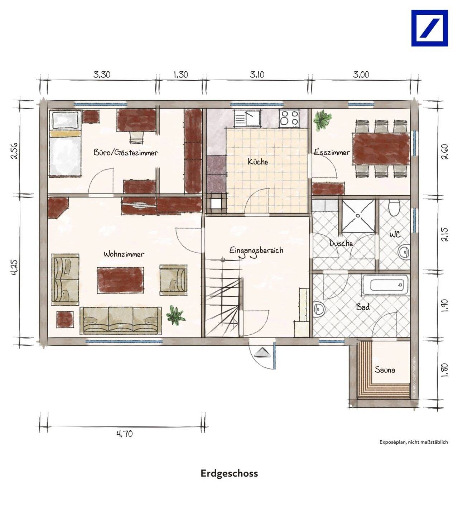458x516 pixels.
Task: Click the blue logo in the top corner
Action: (x=429, y=28)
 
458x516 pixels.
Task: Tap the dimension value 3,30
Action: (x=102, y=75)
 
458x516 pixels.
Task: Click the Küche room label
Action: (x=257, y=162)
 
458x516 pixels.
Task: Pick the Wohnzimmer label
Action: (x=124, y=254)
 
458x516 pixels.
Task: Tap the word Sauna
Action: (x=385, y=370)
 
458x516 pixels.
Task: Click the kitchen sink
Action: (x=247, y=118)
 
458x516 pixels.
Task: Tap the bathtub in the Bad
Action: (x=385, y=285)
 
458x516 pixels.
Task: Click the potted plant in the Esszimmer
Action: (x=322, y=119)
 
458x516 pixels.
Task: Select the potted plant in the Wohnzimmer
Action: (x=175, y=316)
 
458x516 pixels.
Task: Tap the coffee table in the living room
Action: (x=120, y=280)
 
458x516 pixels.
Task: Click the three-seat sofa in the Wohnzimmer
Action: (x=121, y=320)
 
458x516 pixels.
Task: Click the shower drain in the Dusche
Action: (x=358, y=216)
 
